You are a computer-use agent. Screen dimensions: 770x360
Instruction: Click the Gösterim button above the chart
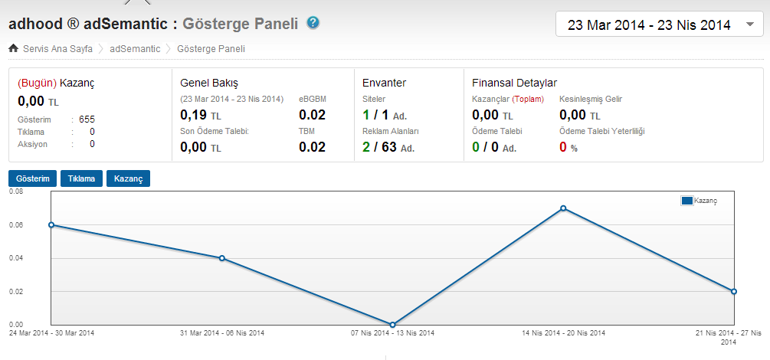(x=33, y=178)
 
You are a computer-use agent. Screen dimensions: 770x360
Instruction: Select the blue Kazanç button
(x=128, y=178)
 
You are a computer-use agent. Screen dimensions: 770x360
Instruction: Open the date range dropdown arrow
(x=750, y=25)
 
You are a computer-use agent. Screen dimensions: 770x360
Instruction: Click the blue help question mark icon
(x=313, y=22)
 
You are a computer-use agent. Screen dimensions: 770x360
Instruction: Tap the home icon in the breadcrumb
(x=14, y=48)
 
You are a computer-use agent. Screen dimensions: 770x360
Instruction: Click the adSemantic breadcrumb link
(x=135, y=48)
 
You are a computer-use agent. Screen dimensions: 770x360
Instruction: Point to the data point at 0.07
(x=563, y=208)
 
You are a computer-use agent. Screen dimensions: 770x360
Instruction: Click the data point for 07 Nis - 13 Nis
(x=392, y=325)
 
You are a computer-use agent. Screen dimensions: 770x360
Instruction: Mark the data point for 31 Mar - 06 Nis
(x=222, y=258)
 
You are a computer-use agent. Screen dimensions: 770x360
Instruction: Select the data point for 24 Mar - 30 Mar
(x=51, y=225)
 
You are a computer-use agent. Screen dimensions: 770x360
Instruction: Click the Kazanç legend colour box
(x=687, y=201)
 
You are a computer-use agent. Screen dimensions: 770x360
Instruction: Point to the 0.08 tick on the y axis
(x=16, y=191)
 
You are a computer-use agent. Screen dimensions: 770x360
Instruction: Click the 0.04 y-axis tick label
(x=16, y=258)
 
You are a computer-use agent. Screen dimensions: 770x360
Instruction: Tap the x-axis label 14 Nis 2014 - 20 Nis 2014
(x=563, y=333)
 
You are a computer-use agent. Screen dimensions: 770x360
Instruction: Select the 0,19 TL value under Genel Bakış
(x=201, y=116)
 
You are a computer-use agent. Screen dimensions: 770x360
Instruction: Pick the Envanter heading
(x=384, y=83)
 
